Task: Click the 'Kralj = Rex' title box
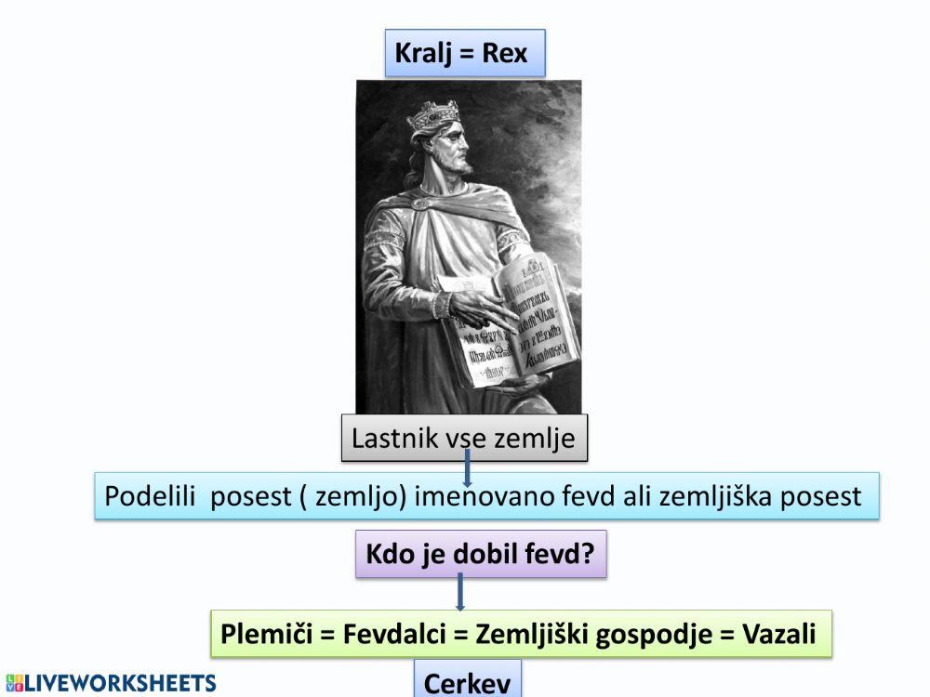pyautogui.click(x=464, y=53)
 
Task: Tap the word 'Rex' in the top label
pyautogui.click(x=504, y=53)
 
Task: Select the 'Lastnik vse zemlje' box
pyautogui.click(x=464, y=437)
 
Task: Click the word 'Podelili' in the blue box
pyautogui.click(x=153, y=496)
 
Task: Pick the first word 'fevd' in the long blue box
pyautogui.click(x=588, y=496)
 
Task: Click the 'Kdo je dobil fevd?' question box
pyautogui.click(x=480, y=555)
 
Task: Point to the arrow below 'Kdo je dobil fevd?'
pyautogui.click(x=460, y=593)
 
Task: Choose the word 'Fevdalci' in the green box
pyautogui.click(x=396, y=634)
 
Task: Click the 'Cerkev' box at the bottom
pyautogui.click(x=467, y=683)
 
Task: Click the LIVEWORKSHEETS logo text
pyautogui.click(x=112, y=684)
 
